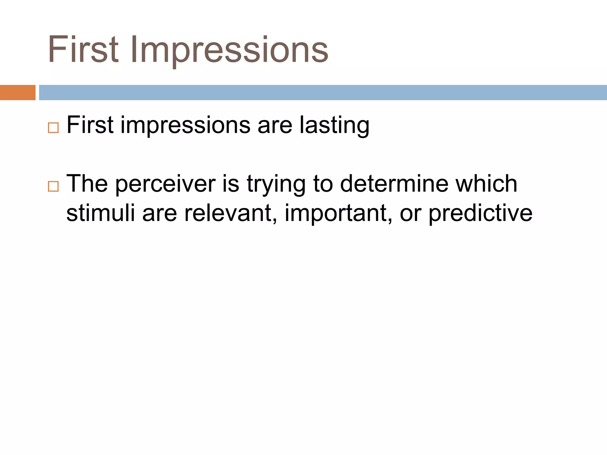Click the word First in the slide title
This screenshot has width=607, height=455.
coord(83,50)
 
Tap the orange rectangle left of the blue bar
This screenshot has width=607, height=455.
coord(17,92)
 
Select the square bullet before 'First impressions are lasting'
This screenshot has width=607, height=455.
coord(53,128)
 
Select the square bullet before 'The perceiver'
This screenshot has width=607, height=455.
coord(53,186)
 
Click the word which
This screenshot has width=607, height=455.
coord(486,184)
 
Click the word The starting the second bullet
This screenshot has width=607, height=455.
coord(87,184)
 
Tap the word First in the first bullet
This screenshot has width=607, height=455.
coord(90,125)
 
